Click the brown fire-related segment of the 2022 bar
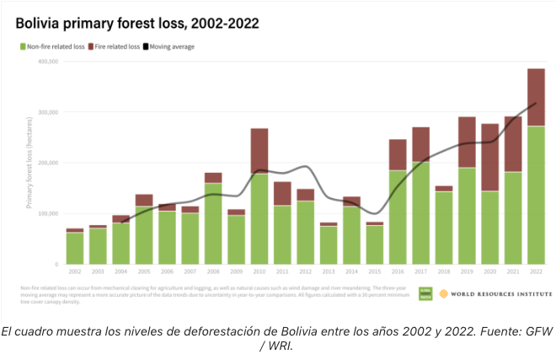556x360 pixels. click(536, 97)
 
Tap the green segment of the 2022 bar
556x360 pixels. click(536, 194)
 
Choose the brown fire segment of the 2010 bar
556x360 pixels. click(259, 151)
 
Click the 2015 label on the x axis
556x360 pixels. click(375, 271)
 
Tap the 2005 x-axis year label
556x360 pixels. click(144, 271)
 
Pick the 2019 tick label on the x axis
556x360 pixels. click(467, 271)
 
